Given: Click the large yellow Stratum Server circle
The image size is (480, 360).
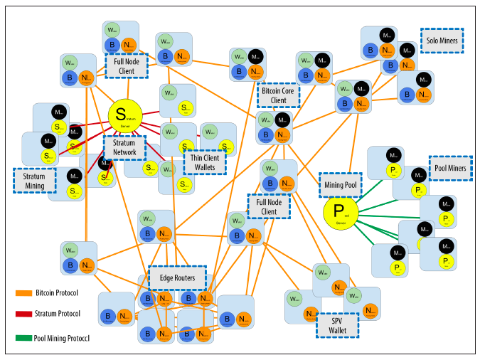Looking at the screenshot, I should point(125,115).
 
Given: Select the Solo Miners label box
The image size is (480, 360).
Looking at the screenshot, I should point(442,40).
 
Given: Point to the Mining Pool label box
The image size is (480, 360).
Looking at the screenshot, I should point(341,184).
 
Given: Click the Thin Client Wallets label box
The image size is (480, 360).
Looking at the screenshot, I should point(205,162).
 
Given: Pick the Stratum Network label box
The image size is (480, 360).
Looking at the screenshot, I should point(124,147).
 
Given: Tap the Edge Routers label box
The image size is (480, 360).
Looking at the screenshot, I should point(177,278).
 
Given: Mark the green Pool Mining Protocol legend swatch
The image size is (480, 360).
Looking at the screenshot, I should point(23,337).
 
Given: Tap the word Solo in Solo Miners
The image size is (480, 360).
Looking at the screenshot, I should point(432,40).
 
